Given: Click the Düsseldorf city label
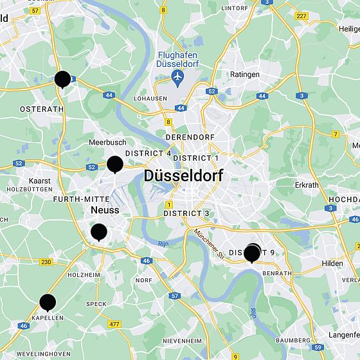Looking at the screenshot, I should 183,175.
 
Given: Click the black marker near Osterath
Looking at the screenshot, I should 62,78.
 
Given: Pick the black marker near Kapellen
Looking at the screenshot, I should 48,301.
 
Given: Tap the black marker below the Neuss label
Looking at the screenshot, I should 99,231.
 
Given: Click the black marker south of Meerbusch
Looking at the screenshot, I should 115,164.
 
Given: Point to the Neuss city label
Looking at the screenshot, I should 105,210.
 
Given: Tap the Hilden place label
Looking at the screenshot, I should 333,264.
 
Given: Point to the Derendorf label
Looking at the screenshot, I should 189,138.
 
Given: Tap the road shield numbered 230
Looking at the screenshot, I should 46,262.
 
